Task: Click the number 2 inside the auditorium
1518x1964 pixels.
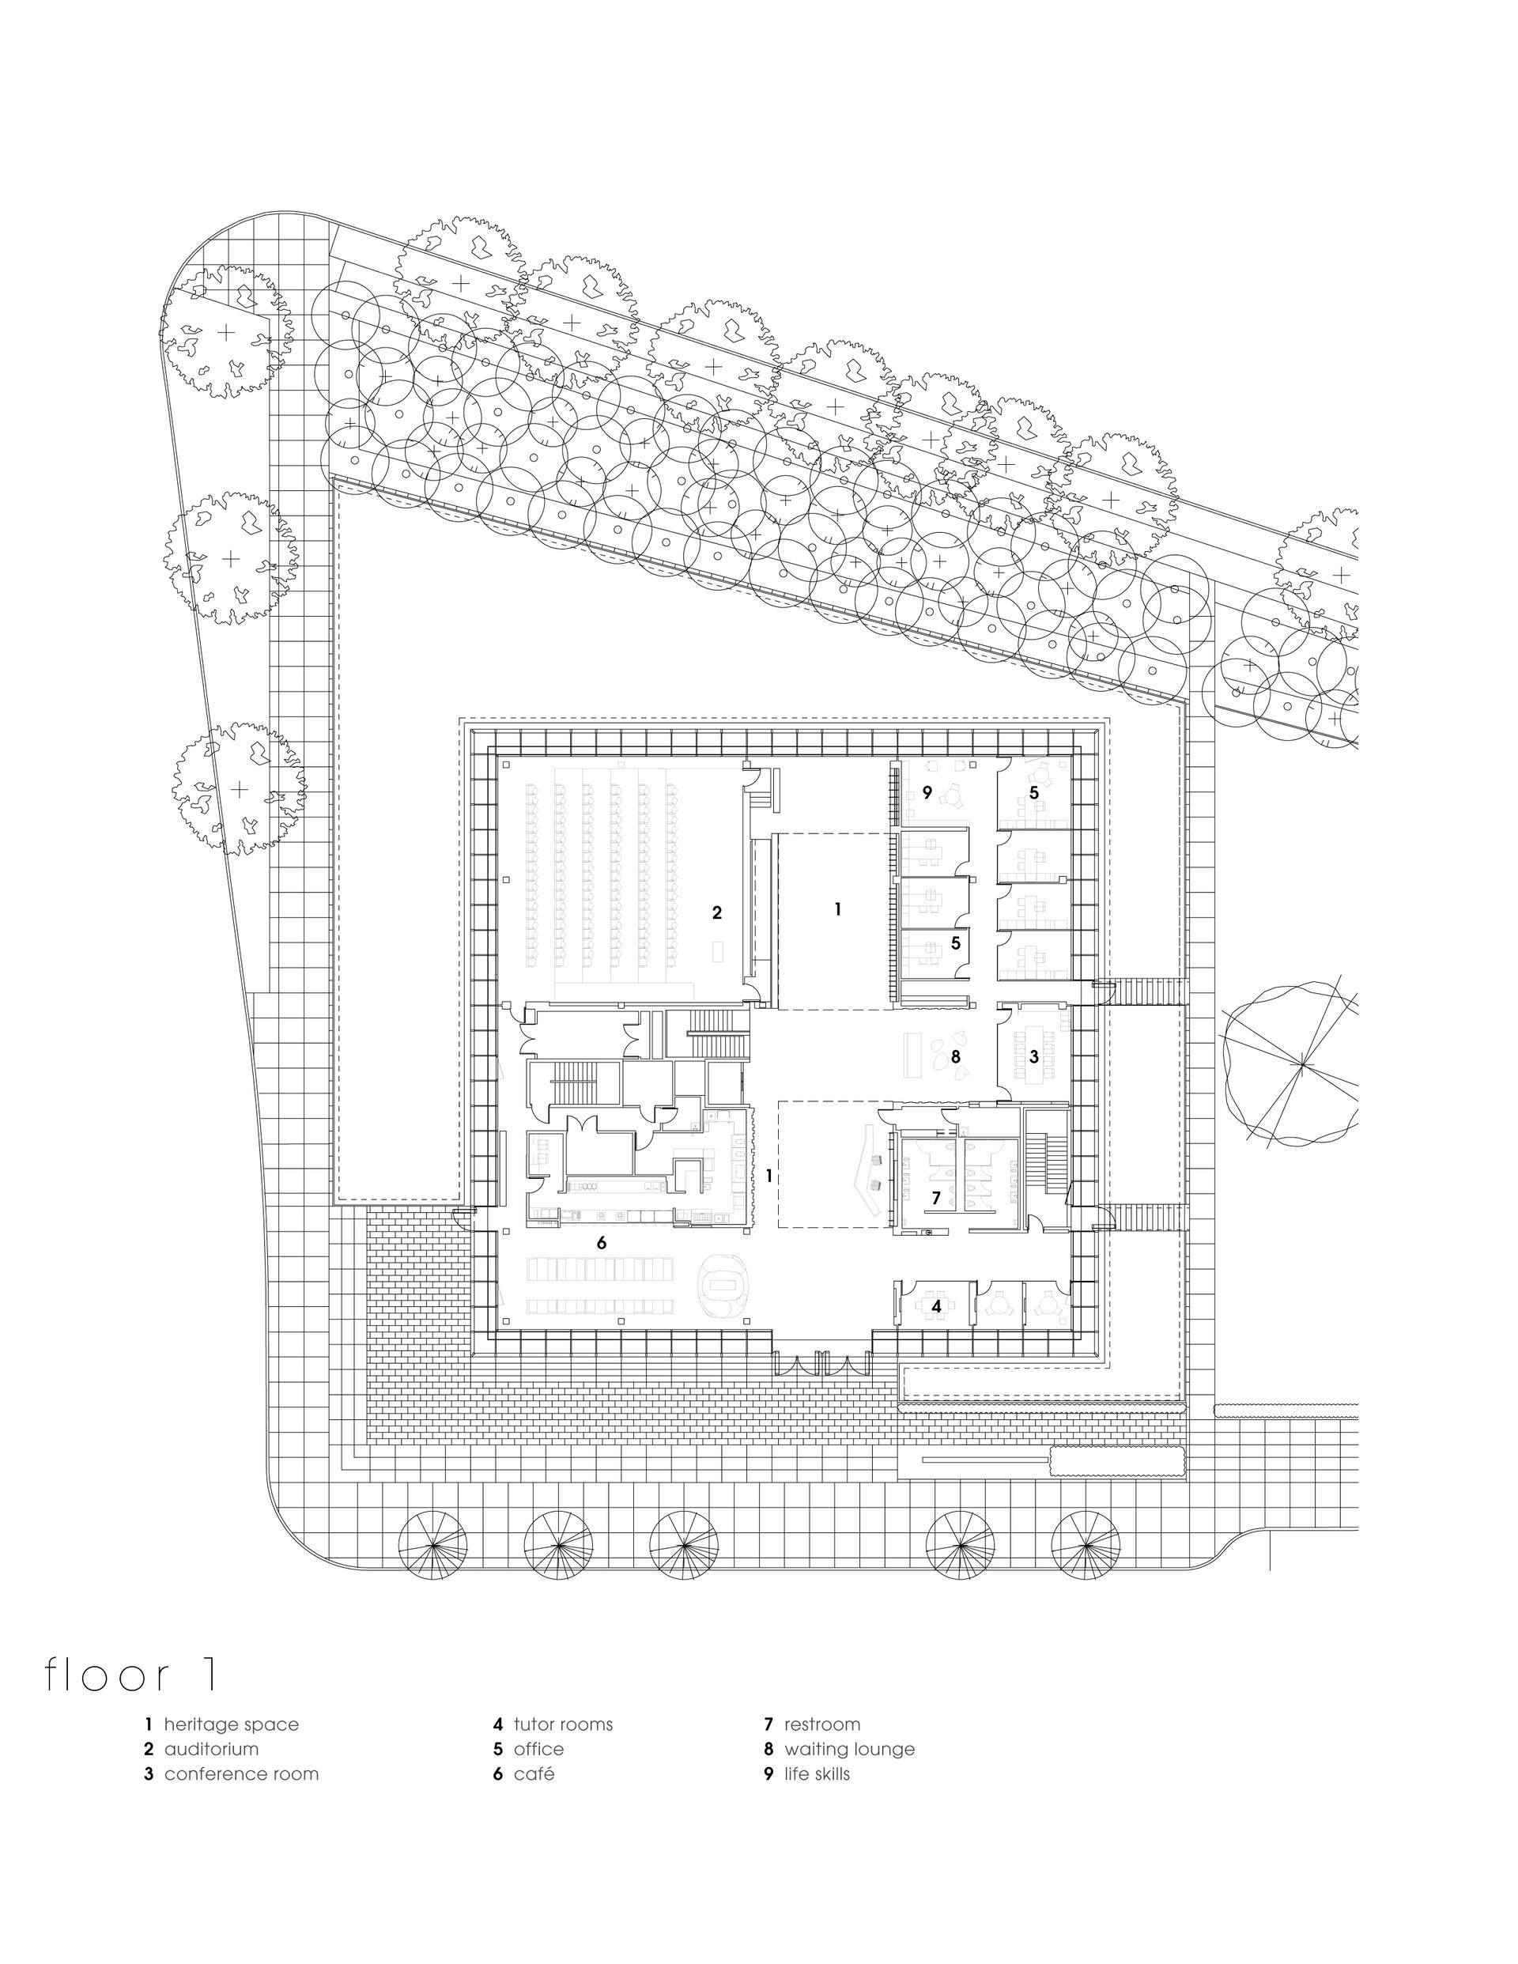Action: (x=717, y=912)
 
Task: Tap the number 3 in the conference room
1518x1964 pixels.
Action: (x=1034, y=1056)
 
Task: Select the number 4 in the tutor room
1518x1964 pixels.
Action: (x=936, y=1305)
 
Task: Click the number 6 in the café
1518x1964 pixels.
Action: (x=602, y=1243)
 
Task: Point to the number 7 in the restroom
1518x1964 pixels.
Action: (x=936, y=1198)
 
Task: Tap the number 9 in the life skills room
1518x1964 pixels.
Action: (x=927, y=793)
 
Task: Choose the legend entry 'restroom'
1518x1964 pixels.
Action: (x=822, y=1724)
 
